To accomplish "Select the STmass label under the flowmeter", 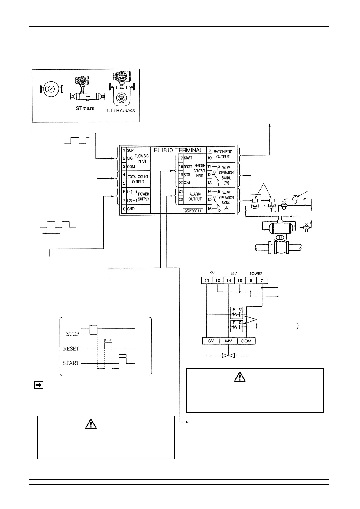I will (x=85, y=108).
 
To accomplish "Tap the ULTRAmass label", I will (x=121, y=111).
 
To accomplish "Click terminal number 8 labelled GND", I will (x=124, y=209).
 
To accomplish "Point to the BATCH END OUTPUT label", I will (x=223, y=154).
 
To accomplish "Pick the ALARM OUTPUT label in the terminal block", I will (x=195, y=196).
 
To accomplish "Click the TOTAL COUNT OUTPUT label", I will (x=138, y=179).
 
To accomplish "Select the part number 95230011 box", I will (x=194, y=211).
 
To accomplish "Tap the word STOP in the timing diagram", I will (x=73, y=334).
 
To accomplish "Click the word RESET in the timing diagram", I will (x=71, y=349).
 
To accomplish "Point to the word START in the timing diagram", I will (x=71, y=363).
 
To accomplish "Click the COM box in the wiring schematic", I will (x=246, y=341).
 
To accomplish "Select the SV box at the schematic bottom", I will (x=211, y=341).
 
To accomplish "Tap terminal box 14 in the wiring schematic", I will (x=229, y=280).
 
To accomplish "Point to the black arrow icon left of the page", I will (x=38, y=385).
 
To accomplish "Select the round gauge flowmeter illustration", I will (x=51, y=89).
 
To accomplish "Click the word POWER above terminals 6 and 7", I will (x=256, y=274).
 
